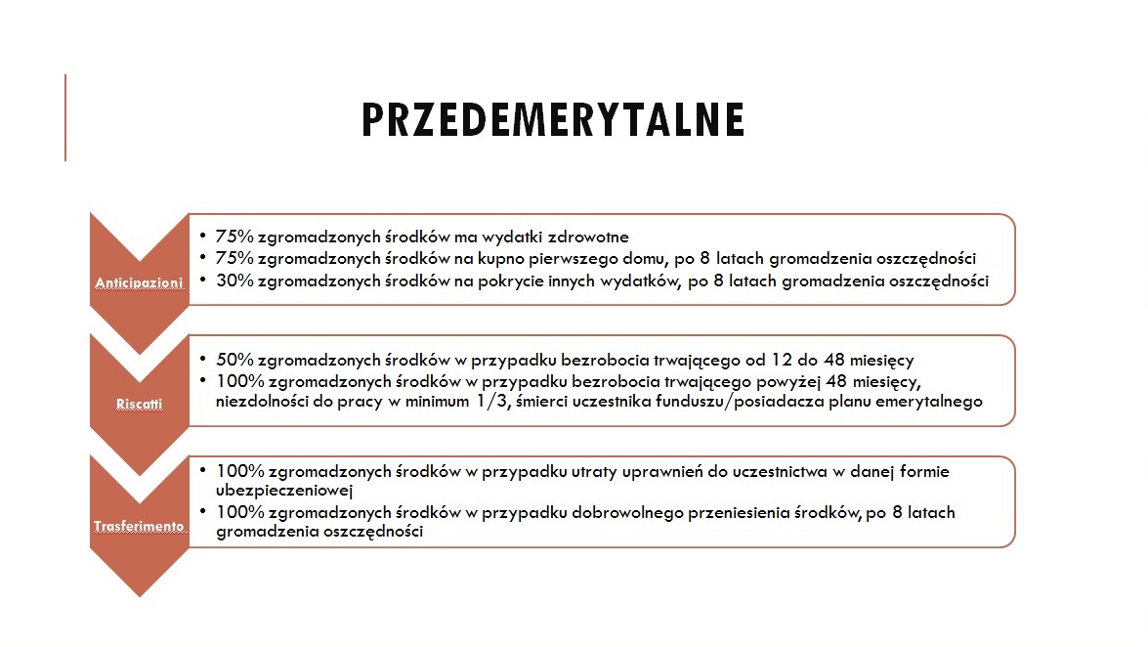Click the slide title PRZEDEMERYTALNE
(553, 119)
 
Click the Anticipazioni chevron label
(139, 283)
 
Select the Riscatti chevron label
(139, 404)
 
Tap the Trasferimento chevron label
(139, 526)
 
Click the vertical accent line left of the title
(65, 117)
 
